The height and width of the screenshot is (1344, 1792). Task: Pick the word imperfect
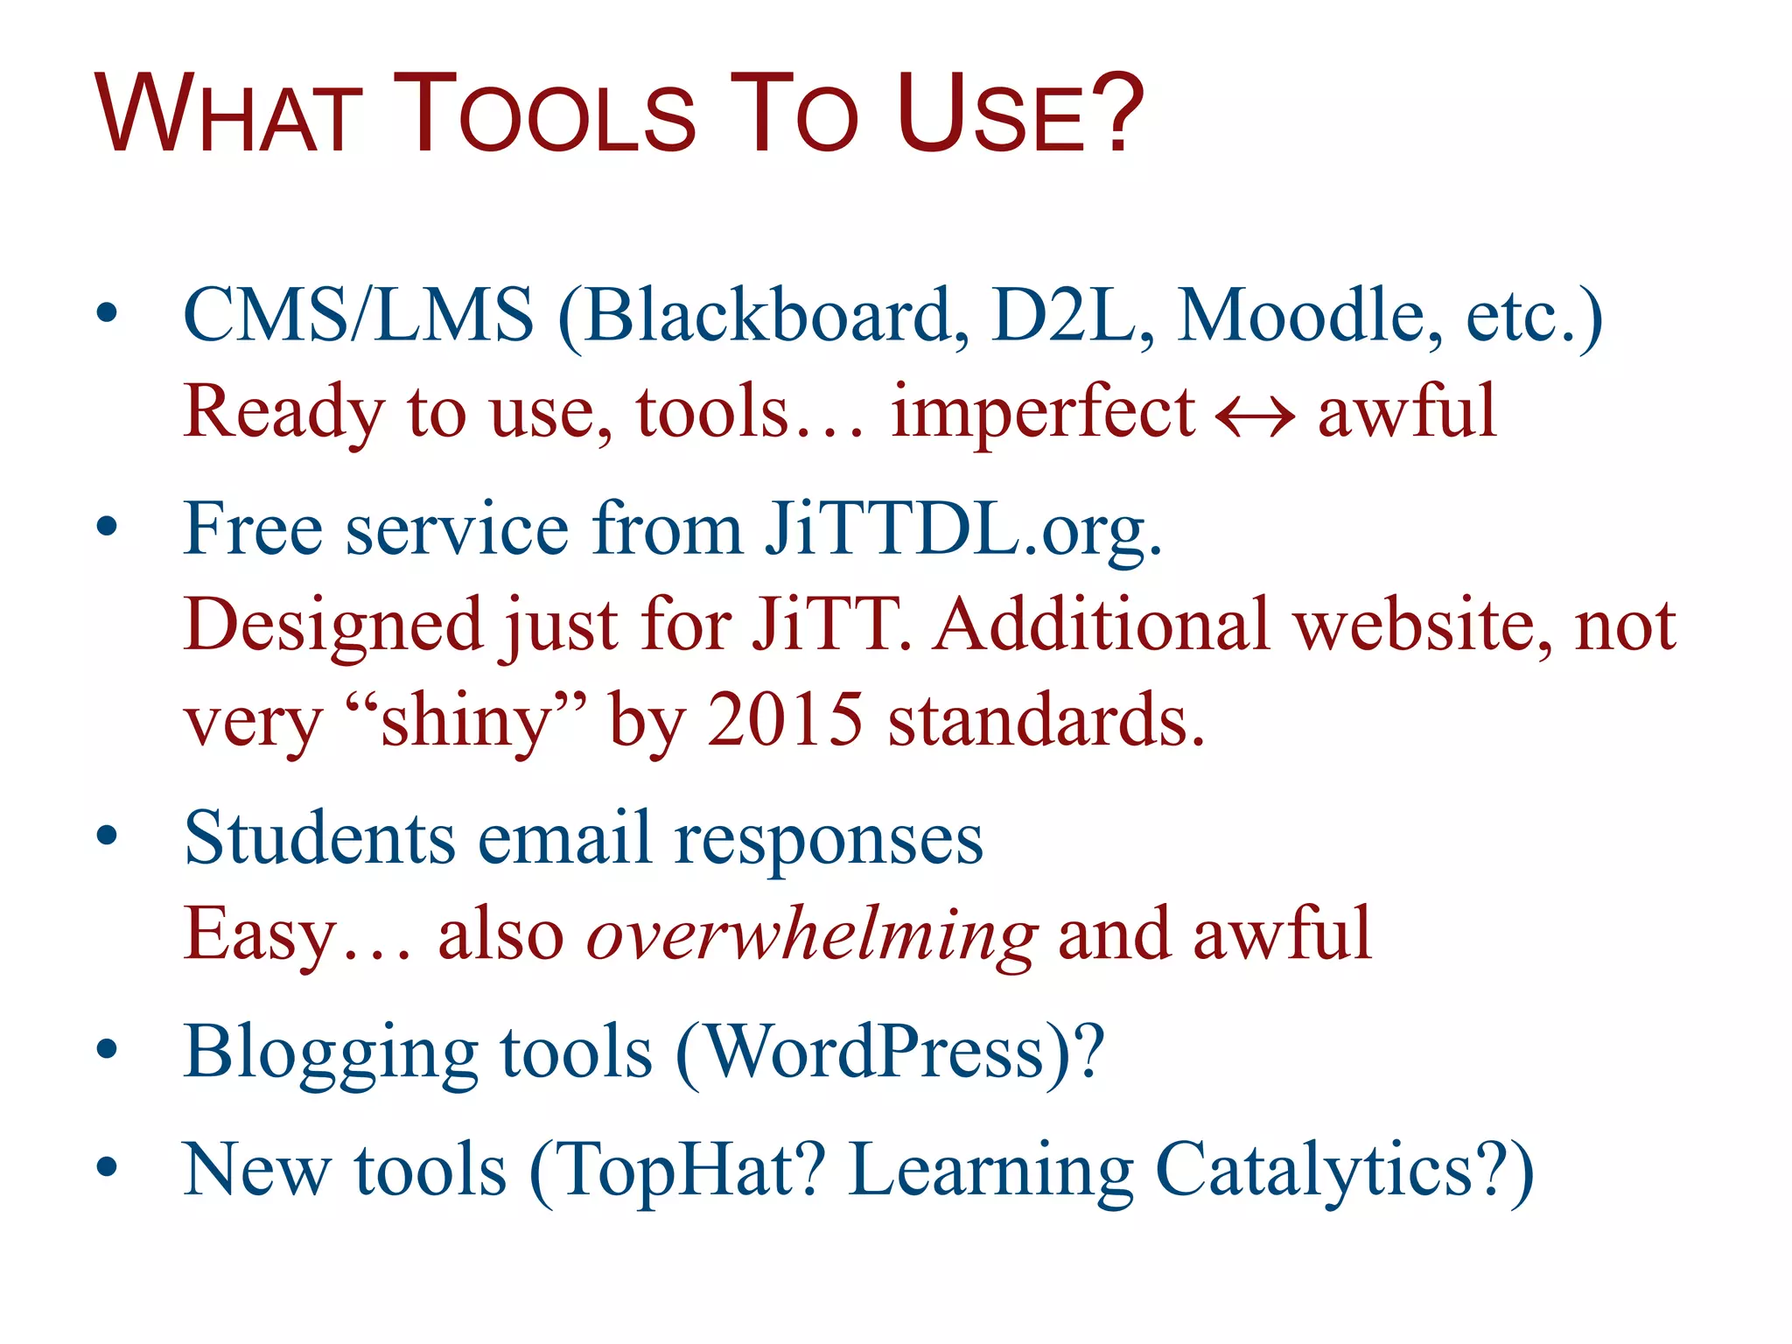coord(1042,413)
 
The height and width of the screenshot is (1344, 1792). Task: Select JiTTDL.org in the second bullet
coord(962,529)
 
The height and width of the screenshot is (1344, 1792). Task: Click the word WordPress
coord(875,1052)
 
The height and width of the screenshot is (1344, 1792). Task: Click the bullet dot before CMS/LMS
coord(107,314)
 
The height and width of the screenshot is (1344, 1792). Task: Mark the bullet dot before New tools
coord(107,1168)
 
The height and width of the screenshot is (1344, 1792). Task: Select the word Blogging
coord(331,1053)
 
